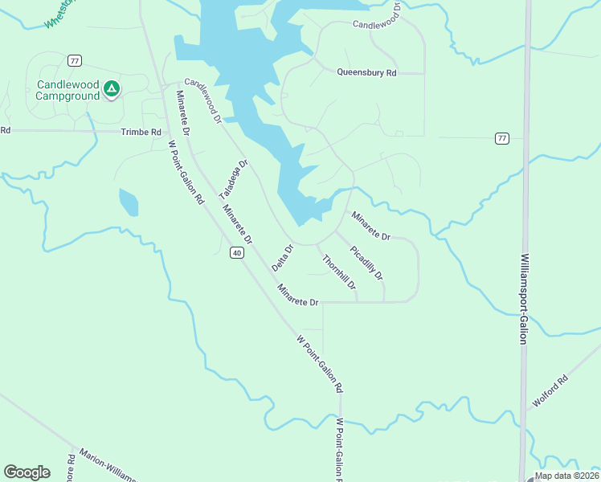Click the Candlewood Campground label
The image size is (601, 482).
point(67,90)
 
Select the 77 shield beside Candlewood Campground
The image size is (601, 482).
point(75,61)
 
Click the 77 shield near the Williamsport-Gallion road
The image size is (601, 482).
point(502,138)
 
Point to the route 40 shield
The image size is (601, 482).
point(236,253)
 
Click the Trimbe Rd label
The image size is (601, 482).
point(141,132)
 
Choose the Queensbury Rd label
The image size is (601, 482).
point(367,73)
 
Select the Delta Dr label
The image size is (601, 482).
point(283,257)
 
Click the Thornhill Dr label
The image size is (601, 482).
point(338,272)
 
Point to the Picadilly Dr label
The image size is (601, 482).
point(366,263)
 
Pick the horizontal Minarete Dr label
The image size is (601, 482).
point(298,302)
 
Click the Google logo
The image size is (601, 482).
point(27,472)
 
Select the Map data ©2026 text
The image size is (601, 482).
point(567,476)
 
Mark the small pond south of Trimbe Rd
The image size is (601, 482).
point(128,202)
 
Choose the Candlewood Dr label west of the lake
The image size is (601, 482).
point(202,100)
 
